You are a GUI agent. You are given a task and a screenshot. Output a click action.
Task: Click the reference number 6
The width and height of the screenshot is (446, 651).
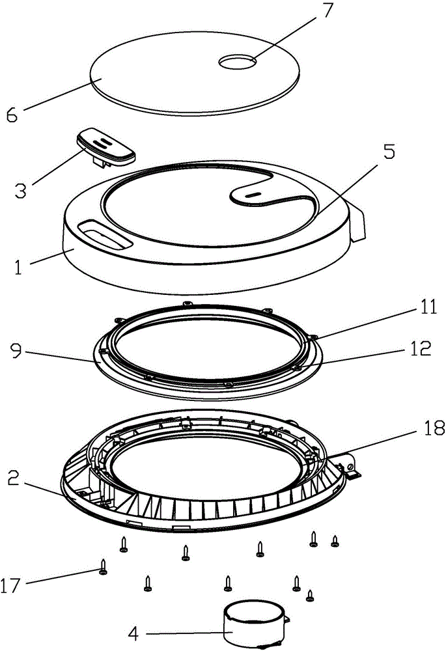click(x=12, y=115)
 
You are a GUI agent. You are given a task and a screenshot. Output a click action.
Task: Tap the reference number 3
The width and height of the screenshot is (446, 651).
click(x=20, y=190)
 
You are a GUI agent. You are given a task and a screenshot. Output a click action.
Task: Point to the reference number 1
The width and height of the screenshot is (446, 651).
click(x=18, y=266)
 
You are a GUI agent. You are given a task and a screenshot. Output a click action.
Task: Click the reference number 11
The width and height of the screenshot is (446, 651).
click(x=428, y=308)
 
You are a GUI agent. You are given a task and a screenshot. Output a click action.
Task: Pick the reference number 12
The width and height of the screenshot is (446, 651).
click(x=420, y=348)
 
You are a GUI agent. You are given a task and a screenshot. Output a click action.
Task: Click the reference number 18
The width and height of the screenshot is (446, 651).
click(x=434, y=428)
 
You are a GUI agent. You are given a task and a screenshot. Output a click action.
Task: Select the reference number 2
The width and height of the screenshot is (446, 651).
click(x=14, y=479)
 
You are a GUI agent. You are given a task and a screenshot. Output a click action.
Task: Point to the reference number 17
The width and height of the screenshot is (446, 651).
click(x=10, y=586)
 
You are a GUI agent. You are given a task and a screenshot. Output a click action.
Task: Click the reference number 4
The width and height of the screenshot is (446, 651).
click(x=133, y=633)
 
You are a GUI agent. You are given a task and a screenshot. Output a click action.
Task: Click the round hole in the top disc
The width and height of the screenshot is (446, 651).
click(x=238, y=62)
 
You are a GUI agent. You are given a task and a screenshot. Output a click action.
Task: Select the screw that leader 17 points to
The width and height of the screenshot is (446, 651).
click(x=104, y=567)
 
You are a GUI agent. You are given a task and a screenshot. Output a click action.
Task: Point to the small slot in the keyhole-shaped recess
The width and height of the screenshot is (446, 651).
click(x=252, y=195)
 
